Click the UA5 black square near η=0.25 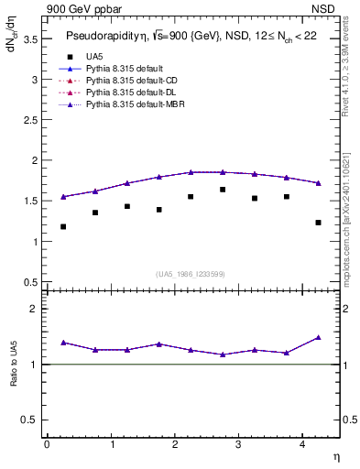point(63,226)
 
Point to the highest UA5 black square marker point(223,190)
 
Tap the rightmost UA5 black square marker point(318,223)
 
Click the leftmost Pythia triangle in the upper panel point(63,196)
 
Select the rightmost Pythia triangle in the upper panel point(318,183)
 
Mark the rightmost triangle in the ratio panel point(318,337)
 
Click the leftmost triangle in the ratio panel point(63,342)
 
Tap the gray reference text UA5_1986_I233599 point(190,275)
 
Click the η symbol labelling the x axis point(335,456)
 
